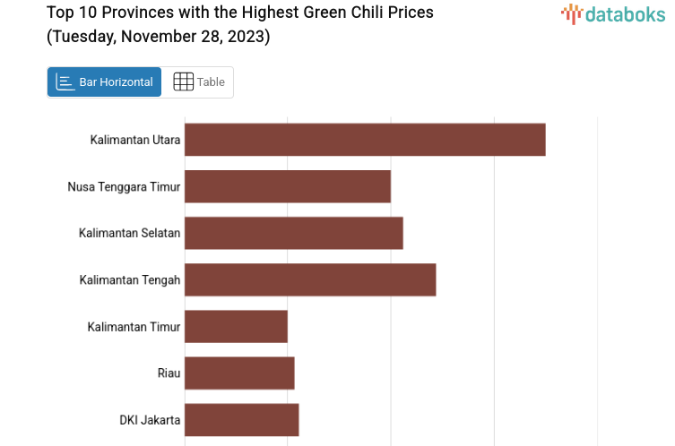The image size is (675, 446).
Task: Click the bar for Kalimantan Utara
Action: point(365,140)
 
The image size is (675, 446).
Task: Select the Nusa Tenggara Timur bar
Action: point(288,186)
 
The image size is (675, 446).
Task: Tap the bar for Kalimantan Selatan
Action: point(294,233)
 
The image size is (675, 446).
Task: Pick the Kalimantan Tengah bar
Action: point(310,279)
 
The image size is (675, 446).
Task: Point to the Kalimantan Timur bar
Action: point(236,326)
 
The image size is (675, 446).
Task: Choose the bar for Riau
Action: point(239,373)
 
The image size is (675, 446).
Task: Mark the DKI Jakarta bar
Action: point(242,419)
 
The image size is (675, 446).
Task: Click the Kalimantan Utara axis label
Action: point(135,140)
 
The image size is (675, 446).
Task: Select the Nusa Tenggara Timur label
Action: point(124,186)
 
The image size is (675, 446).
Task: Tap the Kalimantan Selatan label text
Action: point(129,233)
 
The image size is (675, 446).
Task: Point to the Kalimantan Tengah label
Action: point(130,279)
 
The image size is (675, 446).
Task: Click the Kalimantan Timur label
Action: point(134,327)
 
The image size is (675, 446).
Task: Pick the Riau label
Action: point(169,373)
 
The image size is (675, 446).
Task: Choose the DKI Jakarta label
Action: point(150,419)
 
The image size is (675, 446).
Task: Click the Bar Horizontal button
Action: point(104,82)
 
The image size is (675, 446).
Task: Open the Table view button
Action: point(198,82)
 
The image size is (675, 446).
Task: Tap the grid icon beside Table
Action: point(183,81)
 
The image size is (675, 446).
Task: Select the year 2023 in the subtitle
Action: point(247,37)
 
